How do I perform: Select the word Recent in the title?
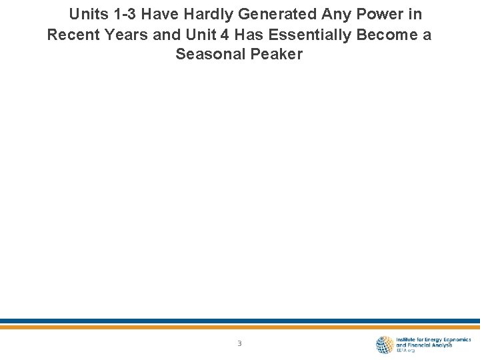pyautogui.click(x=73, y=35)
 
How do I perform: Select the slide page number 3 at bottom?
pyautogui.click(x=239, y=344)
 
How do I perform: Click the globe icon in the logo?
pyautogui.click(x=385, y=344)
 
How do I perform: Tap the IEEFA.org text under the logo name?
pyautogui.click(x=406, y=351)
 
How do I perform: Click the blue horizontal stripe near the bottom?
pyautogui.click(x=240, y=321)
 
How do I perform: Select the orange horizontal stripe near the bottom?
pyautogui.click(x=240, y=327)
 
